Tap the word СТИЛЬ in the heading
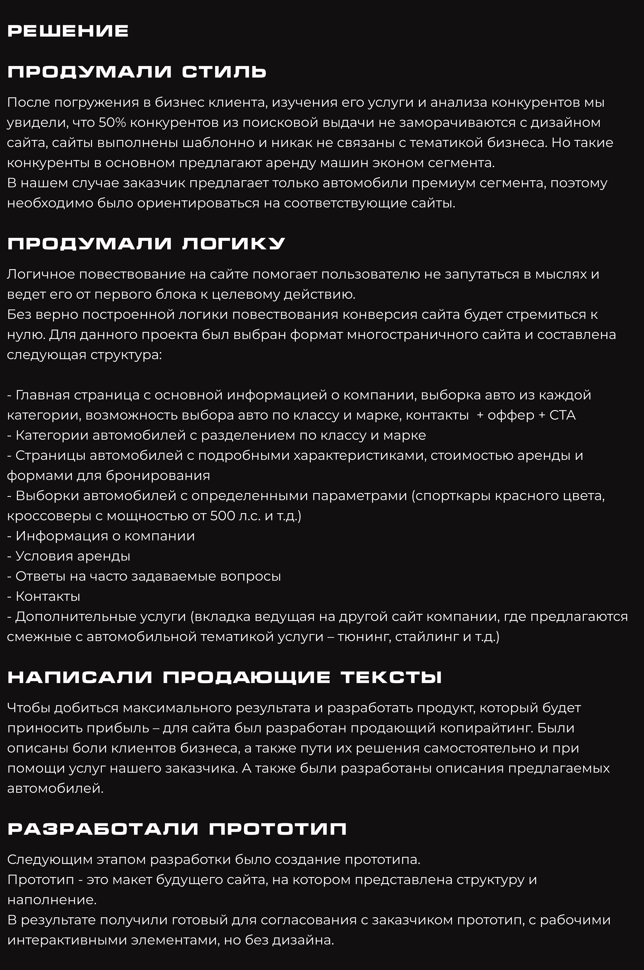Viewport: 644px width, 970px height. pyautogui.click(x=224, y=72)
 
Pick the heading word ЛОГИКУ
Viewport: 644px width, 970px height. pyautogui.click(x=233, y=244)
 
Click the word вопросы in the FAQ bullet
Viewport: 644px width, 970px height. pyautogui.click(x=251, y=576)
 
